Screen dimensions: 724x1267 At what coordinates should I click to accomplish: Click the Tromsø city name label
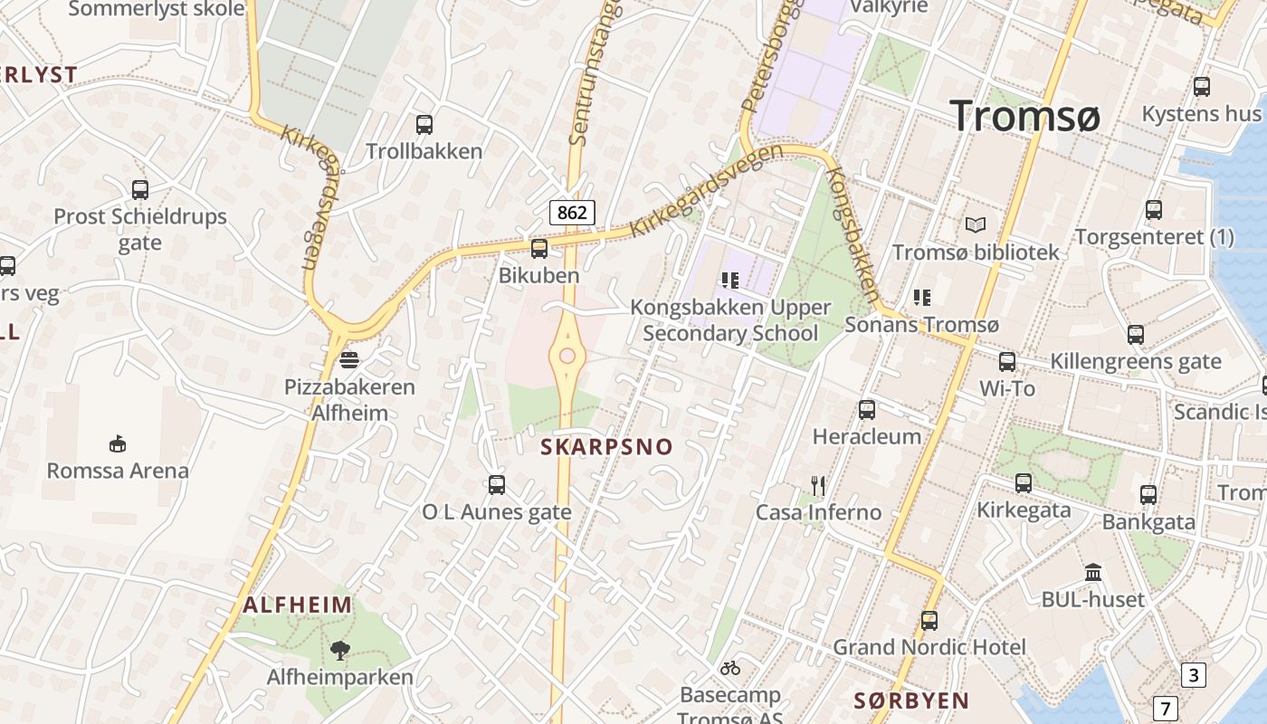1024,117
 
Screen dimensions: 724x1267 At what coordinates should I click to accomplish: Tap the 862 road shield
572,213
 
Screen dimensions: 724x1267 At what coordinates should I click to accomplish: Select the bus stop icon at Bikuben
539,248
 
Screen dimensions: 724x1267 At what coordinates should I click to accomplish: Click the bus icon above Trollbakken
424,125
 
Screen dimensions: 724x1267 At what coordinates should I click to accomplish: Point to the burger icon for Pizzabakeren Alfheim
349,360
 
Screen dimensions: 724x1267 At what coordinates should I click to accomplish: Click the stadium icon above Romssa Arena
118,443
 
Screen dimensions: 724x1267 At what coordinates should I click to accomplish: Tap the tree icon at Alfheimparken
340,649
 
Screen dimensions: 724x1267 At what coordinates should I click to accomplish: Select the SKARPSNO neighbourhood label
607,447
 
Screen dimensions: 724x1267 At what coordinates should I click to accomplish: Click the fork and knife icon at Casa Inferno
818,486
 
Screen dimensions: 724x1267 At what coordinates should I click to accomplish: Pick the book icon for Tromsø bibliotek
976,224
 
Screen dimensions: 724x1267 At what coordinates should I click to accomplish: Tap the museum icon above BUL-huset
1093,573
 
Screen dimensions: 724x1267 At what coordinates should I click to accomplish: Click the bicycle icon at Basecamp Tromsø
730,668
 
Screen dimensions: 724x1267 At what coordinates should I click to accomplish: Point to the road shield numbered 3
1194,674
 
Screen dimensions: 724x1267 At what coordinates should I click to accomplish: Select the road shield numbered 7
1166,708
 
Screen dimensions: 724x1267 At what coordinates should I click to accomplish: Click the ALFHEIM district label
298,605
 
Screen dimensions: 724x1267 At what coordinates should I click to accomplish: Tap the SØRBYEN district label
911,700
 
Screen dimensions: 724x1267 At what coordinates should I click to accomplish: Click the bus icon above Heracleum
867,410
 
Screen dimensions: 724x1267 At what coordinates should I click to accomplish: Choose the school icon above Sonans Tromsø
922,297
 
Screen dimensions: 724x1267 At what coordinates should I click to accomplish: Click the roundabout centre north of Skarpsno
567,356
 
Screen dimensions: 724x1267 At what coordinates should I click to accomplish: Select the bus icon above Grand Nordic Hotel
929,621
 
